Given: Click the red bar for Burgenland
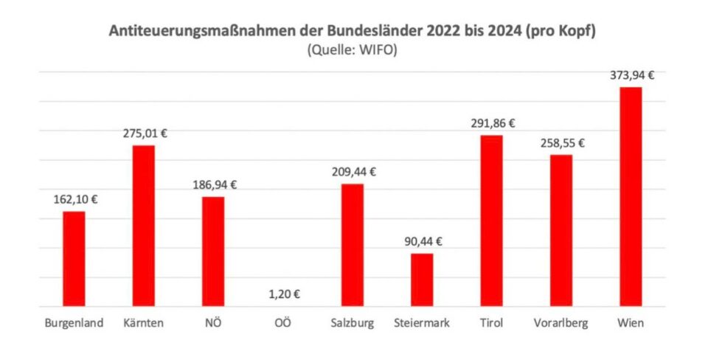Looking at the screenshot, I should tap(74, 259).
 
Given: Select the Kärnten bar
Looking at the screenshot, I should tap(143, 226).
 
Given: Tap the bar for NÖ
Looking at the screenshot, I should tap(213, 252).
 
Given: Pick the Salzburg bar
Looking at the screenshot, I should tap(352, 245).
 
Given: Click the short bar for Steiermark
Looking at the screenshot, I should tap(422, 280).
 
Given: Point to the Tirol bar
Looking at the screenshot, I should tap(491, 221).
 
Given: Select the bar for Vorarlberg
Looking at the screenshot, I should tap(561, 230).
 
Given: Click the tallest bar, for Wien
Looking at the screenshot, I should tap(631, 196).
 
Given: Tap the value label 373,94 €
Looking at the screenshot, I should tap(633, 75).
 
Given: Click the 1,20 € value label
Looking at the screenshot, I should tap(283, 294).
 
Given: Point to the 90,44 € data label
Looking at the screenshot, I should tap(422, 241).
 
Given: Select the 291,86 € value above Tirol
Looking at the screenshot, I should tap(493, 123).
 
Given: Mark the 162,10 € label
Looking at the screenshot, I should tap(75, 199).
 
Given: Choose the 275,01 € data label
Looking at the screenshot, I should tap(145, 134).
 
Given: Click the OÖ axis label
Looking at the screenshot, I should tap(282, 323).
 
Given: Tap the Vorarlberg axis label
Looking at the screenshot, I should tap(561, 323).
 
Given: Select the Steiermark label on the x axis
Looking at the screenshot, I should tap(422, 323).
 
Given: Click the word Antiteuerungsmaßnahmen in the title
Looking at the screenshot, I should tap(192, 32).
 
